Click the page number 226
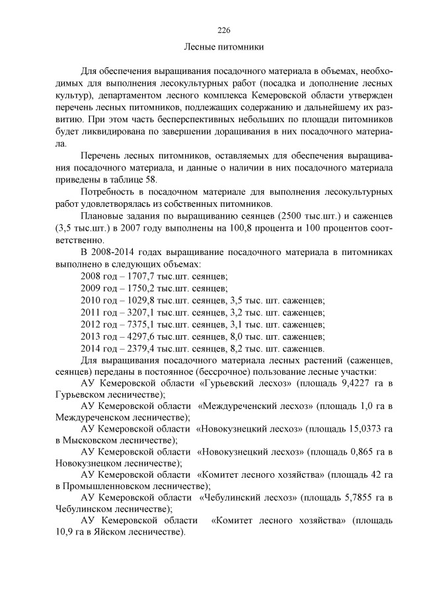[223, 30]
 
